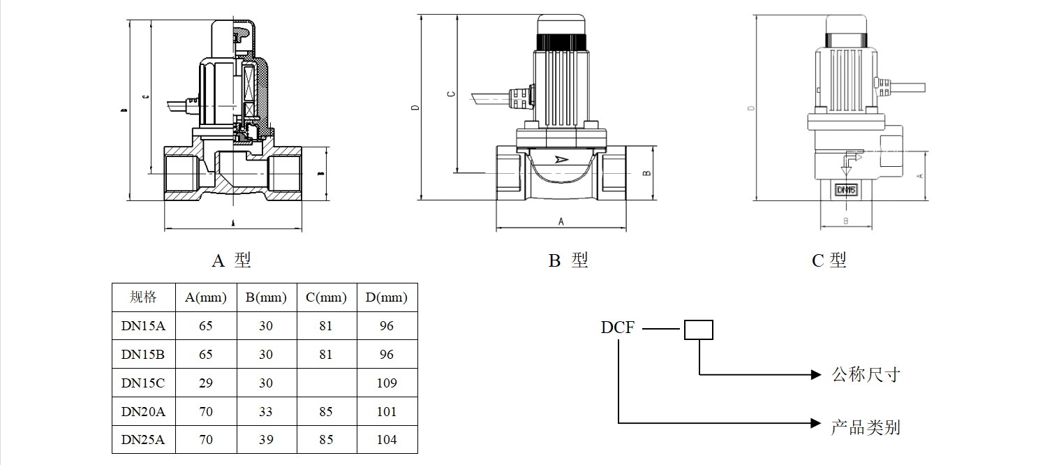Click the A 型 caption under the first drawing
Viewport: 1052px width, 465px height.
click(231, 260)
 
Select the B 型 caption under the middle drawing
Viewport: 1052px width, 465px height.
click(568, 260)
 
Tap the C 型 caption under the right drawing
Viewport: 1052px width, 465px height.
click(829, 260)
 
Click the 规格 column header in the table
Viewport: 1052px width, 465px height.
click(143, 297)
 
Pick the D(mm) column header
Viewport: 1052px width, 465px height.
click(386, 297)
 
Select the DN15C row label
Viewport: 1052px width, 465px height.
click(143, 383)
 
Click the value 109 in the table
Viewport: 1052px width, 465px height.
click(386, 383)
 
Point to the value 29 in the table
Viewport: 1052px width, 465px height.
click(205, 383)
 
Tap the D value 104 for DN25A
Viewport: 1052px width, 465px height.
click(386, 440)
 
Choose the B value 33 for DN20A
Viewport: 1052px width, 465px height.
click(265, 412)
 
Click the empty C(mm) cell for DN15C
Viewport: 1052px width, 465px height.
click(326, 383)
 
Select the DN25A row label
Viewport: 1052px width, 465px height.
click(143, 440)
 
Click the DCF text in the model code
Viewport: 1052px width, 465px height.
click(618, 327)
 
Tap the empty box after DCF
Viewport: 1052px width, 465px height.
click(698, 330)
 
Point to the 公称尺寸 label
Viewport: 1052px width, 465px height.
click(866, 375)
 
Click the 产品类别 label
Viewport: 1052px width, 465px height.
click(866, 427)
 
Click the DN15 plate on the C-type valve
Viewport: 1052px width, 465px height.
click(845, 189)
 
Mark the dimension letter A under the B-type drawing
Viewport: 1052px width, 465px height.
click(561, 221)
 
